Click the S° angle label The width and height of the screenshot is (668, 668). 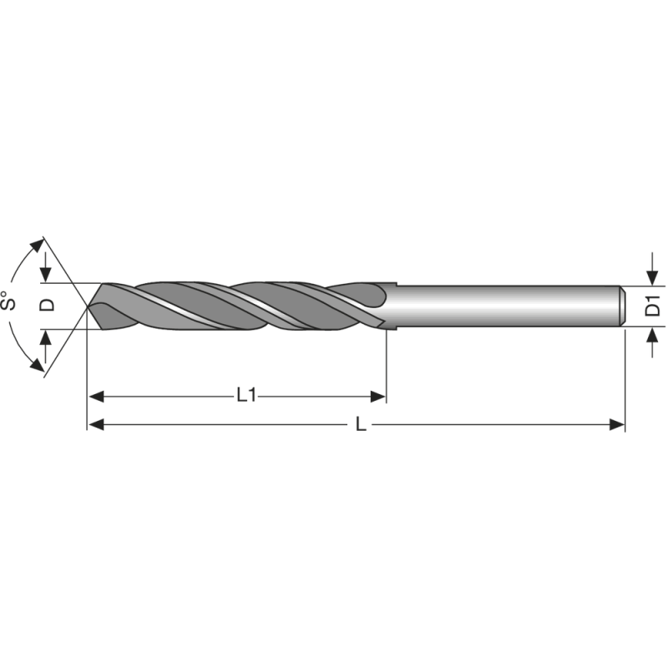11,302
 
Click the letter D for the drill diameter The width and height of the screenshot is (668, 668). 48,305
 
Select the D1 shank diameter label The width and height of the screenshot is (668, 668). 654,306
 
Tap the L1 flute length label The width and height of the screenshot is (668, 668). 245,395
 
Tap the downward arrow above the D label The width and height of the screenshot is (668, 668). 46,275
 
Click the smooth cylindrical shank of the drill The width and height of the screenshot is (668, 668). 501,306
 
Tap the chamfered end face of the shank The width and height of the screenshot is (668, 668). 623,306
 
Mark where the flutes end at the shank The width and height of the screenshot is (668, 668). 386,306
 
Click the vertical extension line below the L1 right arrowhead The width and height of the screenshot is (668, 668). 386,367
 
